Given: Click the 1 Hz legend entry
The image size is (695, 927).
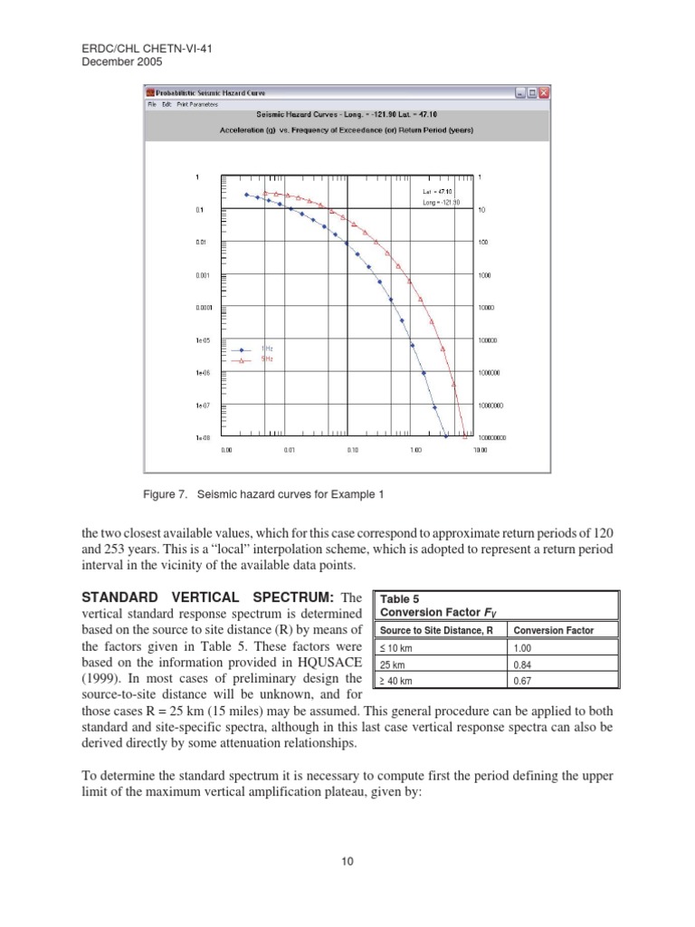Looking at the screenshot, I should (266, 349).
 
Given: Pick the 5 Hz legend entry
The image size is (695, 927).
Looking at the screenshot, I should (266, 359).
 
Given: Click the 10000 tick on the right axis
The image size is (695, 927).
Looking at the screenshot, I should (486, 308).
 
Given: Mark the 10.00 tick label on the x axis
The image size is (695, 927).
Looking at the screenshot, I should (480, 450).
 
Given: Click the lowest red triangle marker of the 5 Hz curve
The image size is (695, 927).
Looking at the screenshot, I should (465, 437).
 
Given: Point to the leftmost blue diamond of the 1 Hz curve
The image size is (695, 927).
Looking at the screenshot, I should (245, 195).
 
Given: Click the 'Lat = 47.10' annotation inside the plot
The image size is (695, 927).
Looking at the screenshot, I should (437, 192).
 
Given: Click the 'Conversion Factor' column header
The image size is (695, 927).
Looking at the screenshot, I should (552, 630).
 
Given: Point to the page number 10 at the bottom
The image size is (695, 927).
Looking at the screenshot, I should (347, 861).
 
